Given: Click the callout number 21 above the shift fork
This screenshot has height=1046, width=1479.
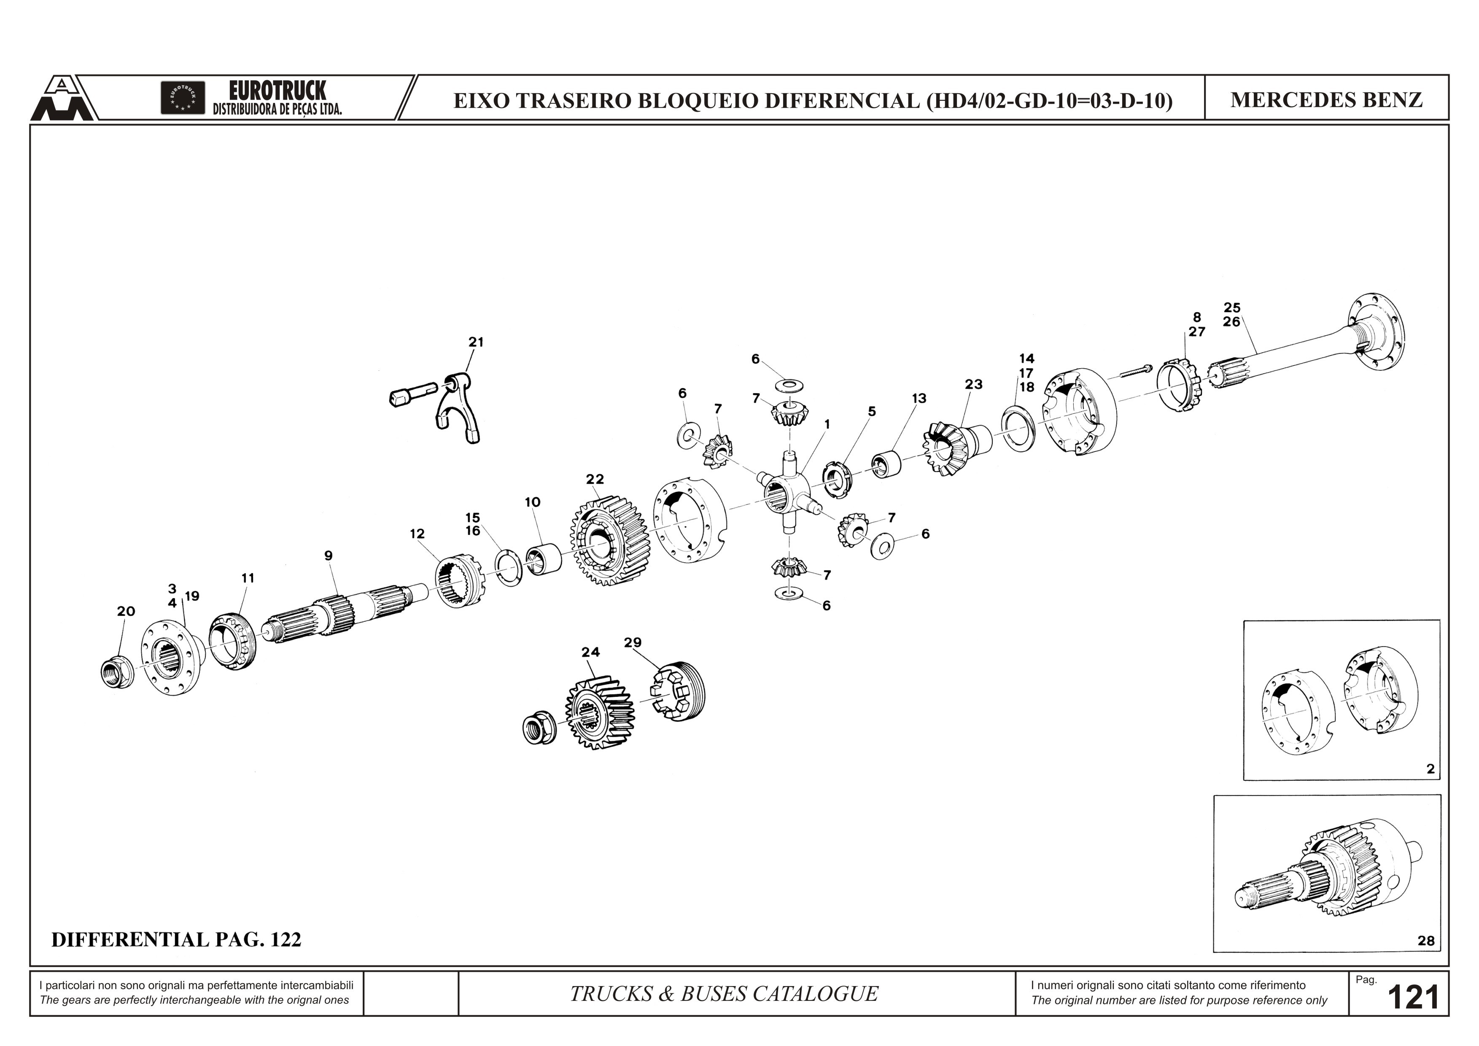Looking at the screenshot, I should pyautogui.click(x=476, y=342).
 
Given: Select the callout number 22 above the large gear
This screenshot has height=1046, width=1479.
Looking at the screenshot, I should pyautogui.click(x=595, y=479).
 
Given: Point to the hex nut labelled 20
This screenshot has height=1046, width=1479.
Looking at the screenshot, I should pyautogui.click(x=116, y=672).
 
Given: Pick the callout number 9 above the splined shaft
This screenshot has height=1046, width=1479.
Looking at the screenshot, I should pyautogui.click(x=329, y=555).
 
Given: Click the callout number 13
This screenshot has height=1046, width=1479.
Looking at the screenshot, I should pyautogui.click(x=919, y=399).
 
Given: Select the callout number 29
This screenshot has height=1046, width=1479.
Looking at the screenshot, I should pyautogui.click(x=633, y=642).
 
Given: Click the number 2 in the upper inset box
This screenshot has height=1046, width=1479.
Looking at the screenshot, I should pyautogui.click(x=1431, y=769).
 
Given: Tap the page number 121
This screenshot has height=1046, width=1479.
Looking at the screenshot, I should pyautogui.click(x=1413, y=997).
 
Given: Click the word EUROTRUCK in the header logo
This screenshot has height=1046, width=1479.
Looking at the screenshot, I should pyautogui.click(x=277, y=91).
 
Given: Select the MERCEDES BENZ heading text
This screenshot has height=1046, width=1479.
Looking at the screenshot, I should pyautogui.click(x=1326, y=100).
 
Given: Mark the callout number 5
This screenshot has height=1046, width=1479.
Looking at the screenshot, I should pyautogui.click(x=872, y=411).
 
